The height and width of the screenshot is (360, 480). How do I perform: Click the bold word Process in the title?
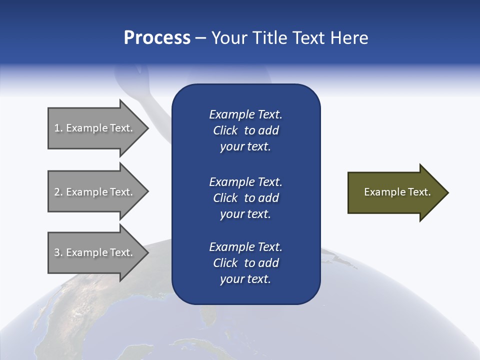point(157,38)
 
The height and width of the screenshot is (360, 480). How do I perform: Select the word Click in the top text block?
point(225,130)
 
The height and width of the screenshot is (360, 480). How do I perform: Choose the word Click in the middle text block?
point(225,198)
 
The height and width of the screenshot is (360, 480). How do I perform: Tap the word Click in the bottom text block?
point(225,263)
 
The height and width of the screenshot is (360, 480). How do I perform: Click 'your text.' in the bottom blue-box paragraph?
point(245,279)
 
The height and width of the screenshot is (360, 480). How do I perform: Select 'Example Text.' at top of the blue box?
point(245,114)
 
